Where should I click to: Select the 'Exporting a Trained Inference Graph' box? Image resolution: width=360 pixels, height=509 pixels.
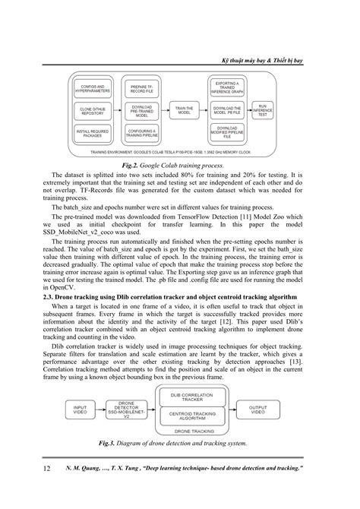click(x=228, y=89)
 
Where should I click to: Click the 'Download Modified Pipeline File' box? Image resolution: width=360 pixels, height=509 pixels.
click(x=228, y=132)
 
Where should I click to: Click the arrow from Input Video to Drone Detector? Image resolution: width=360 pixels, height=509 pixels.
click(x=107, y=409)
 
